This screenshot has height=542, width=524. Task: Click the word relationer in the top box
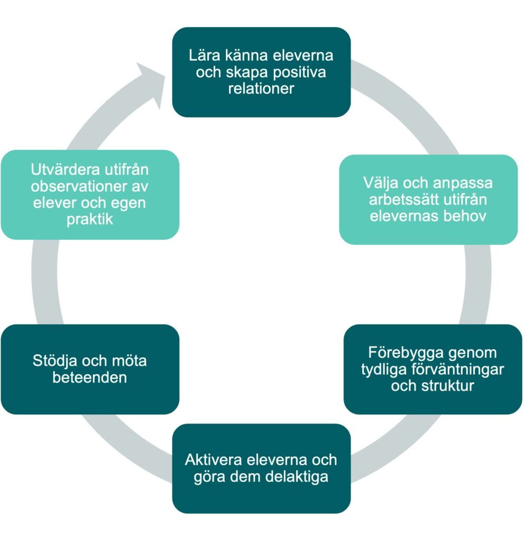(261, 88)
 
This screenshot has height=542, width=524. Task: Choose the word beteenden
(89, 378)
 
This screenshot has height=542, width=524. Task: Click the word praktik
(89, 219)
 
